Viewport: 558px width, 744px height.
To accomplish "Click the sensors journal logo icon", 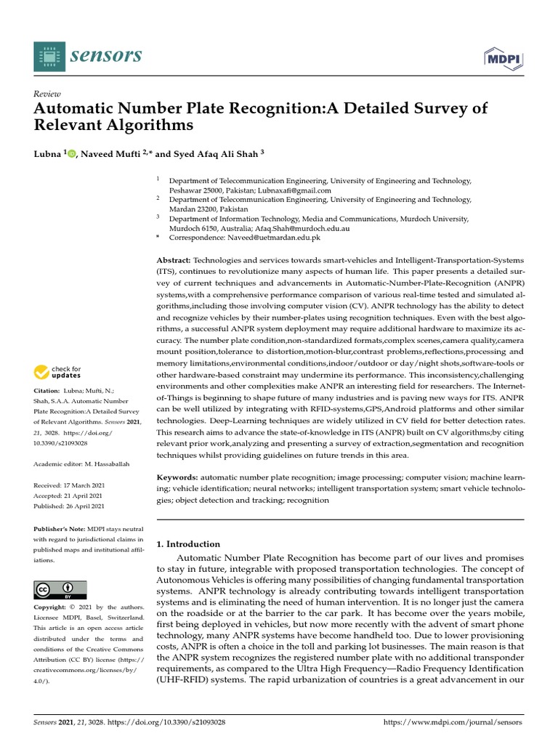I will [49, 55].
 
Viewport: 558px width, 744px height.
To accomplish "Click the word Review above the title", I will [47, 94].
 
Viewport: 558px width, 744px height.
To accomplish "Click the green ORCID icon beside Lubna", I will [71, 154].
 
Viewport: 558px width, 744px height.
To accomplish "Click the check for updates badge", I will [57, 372].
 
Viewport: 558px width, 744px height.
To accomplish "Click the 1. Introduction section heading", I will [188, 543].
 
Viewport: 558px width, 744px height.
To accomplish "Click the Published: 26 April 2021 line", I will [69, 506].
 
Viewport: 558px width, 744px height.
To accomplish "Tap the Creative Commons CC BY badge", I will [60, 589].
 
